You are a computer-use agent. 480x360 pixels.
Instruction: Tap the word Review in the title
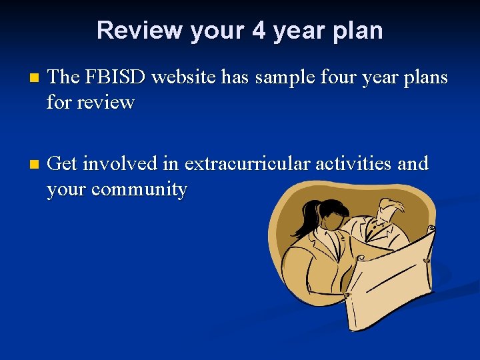tap(140, 31)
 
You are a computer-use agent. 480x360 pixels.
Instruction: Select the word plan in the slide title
tap(360, 31)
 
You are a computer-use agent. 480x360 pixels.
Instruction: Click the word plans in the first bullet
tap(424, 77)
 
